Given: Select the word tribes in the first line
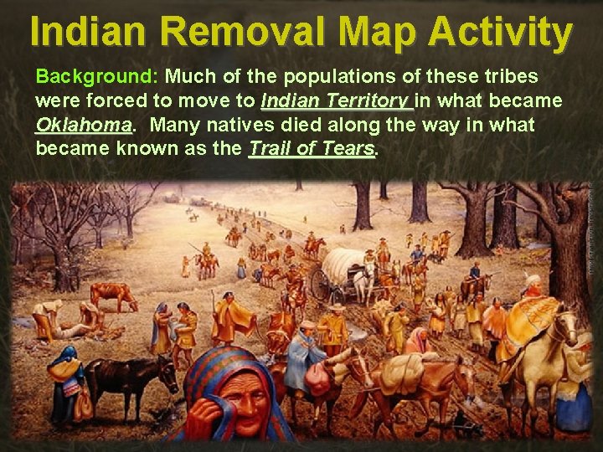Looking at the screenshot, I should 506,77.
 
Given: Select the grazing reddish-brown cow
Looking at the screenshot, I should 113,295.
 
